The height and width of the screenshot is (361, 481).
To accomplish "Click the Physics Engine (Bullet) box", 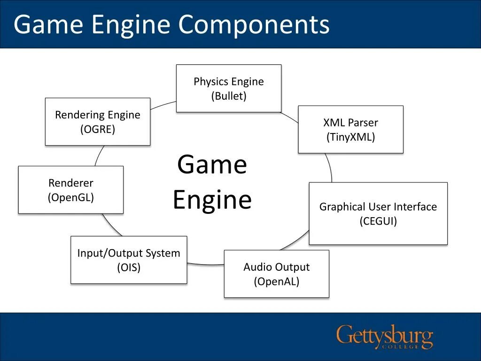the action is point(229,88).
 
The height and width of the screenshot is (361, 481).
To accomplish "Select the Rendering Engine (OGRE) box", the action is point(98,122).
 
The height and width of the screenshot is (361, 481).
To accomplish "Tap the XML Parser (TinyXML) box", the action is point(350,129).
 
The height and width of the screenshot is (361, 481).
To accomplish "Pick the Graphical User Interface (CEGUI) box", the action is point(378,213).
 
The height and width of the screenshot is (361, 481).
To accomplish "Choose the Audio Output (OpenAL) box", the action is point(277,274).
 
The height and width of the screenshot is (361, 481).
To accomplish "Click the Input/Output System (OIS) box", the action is point(129,259).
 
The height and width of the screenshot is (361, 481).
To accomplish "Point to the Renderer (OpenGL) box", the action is point(71,190).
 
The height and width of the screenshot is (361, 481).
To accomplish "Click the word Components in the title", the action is point(254,24).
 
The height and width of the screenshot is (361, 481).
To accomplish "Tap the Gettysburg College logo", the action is point(385,337).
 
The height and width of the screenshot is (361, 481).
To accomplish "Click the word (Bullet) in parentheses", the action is point(229,96).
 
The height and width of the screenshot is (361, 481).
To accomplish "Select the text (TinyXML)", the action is point(350,137).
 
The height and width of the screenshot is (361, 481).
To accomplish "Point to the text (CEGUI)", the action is point(378,221).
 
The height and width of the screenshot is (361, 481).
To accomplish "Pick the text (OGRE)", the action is point(98,129).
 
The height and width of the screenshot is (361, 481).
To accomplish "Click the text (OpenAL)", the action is point(277,282).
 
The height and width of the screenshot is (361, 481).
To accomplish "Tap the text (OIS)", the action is point(129,267).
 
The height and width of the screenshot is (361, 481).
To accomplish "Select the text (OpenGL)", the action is point(71,197).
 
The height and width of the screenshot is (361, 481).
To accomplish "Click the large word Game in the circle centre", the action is point(212,165).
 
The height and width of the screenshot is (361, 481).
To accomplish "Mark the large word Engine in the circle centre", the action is point(212,199).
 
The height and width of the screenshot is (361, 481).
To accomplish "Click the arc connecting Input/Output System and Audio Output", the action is point(206,264).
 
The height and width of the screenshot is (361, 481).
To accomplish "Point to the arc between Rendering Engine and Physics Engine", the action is point(163,105).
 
